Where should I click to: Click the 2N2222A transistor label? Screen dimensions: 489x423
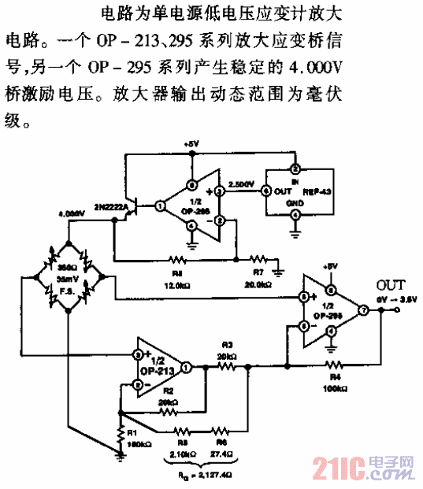113,206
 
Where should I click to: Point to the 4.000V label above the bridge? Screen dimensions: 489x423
71,213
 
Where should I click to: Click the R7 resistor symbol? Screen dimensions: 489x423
258,257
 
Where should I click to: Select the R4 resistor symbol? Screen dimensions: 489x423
335,365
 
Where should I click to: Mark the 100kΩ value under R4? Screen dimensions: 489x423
334,387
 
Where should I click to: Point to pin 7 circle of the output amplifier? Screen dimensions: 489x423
363,310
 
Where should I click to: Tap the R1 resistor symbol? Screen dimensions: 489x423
121,432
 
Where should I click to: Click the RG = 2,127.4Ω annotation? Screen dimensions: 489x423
204,476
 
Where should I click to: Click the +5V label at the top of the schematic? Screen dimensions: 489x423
191,144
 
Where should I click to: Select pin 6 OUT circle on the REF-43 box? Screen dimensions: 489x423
265,190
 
